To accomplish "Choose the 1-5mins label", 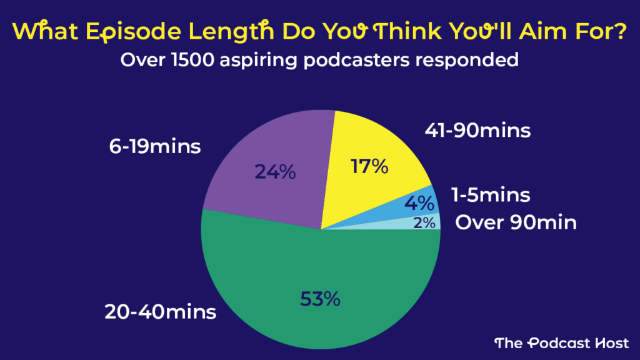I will tap(491, 195).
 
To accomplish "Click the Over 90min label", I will tap(516, 222).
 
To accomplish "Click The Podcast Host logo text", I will tap(562, 342).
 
